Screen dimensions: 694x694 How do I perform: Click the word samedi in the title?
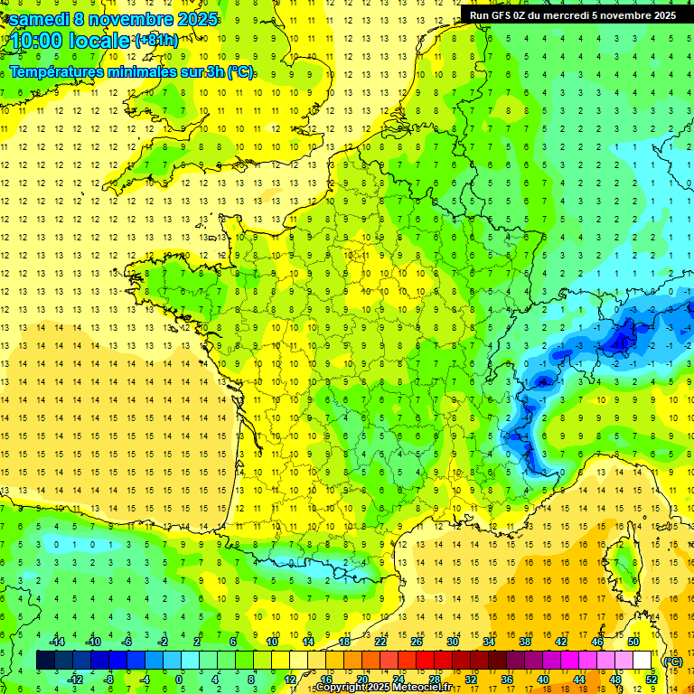click(x=37, y=19)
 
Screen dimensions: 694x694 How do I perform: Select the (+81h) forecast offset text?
click(x=155, y=41)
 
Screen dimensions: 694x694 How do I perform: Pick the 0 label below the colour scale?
click(x=179, y=679)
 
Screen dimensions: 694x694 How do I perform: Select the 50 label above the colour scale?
click(x=633, y=642)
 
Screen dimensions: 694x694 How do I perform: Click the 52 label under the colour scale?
click(x=651, y=679)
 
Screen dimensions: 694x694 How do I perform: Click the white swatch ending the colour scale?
click(x=642, y=661)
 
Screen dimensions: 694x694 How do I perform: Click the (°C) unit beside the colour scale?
click(x=673, y=661)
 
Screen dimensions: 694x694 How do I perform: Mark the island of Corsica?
click(x=623, y=565)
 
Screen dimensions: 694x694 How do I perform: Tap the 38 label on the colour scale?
click(x=525, y=642)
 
